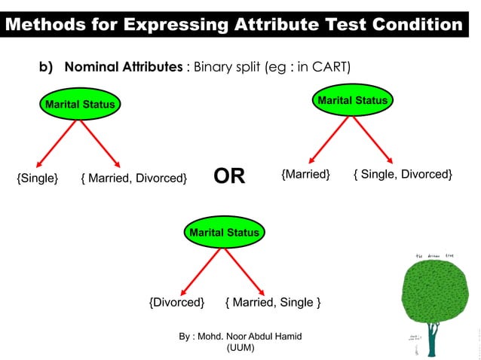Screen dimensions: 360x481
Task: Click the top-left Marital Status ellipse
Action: pos(80,105)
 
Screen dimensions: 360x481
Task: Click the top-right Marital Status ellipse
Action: pos(352,101)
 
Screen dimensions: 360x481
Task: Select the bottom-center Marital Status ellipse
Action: pos(224,233)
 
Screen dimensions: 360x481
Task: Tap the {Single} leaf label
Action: pos(38,178)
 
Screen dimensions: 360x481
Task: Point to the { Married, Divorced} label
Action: pos(133,178)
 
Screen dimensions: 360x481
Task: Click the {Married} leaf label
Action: pos(305,175)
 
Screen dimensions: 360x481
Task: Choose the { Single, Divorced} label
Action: pos(403,175)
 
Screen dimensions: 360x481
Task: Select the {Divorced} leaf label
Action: pos(176,303)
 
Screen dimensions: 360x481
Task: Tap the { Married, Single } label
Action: pos(273,303)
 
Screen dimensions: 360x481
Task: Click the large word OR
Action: pos(229,177)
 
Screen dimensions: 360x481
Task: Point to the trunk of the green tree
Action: pos(432,338)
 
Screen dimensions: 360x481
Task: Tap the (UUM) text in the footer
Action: pos(240,348)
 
